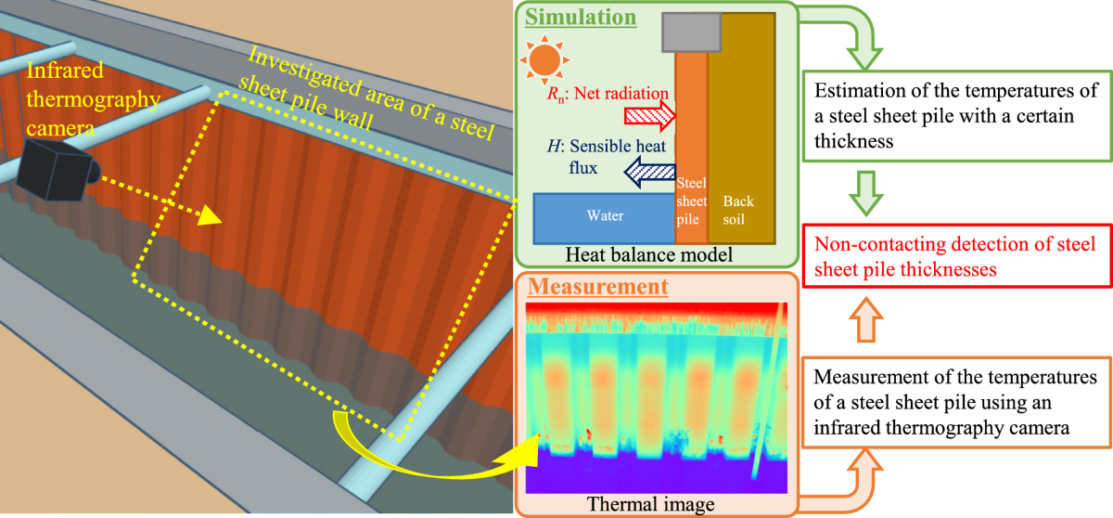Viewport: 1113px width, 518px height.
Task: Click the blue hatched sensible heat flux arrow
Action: tap(639, 168)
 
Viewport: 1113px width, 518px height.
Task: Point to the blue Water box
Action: tap(603, 216)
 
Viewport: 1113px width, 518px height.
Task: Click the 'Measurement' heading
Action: tap(597, 287)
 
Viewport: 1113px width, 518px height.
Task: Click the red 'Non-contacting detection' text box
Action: tap(955, 258)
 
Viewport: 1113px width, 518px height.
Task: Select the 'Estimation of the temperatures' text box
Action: tap(955, 117)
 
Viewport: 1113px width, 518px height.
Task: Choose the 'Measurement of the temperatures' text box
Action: tap(955, 401)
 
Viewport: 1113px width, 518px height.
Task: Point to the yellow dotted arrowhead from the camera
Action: tap(210, 217)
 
